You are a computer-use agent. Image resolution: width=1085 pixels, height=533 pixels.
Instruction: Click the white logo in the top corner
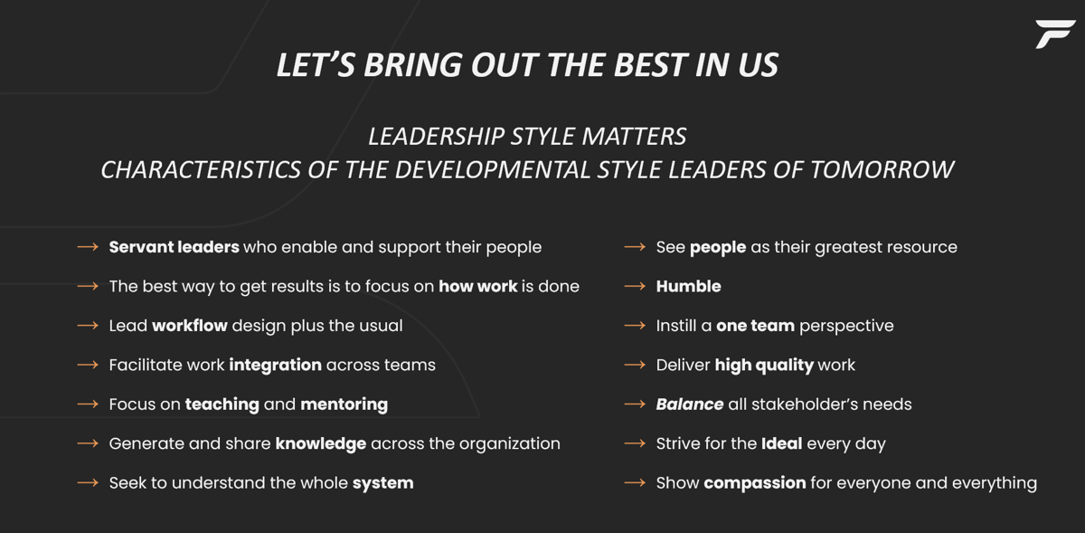1054,33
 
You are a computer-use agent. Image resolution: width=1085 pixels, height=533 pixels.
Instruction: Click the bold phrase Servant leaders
174,247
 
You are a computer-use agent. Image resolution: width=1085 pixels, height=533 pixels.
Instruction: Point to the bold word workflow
190,326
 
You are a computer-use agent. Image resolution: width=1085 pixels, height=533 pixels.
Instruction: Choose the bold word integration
275,365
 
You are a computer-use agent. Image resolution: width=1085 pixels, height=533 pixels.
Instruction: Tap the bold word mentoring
344,405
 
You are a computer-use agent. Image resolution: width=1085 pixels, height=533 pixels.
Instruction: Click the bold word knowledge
320,443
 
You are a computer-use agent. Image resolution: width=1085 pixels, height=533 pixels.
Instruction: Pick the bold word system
382,483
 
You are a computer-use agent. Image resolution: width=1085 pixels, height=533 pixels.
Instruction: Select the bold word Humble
688,287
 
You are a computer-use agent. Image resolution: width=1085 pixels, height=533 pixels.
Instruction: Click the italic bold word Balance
689,405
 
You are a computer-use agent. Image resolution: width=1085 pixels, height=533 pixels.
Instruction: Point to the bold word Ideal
781,443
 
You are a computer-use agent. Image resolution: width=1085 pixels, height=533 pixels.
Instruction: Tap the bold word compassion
754,483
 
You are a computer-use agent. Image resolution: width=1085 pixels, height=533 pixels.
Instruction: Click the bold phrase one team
755,326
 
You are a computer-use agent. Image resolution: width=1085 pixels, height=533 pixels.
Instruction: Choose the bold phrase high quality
764,365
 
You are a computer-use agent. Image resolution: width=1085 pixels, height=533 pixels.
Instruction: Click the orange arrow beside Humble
635,287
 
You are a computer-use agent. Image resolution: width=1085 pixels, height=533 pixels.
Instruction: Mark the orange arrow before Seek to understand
88,483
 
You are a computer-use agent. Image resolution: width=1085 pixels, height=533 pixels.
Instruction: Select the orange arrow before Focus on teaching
88,405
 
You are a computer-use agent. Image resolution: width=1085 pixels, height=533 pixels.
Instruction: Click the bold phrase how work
477,287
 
